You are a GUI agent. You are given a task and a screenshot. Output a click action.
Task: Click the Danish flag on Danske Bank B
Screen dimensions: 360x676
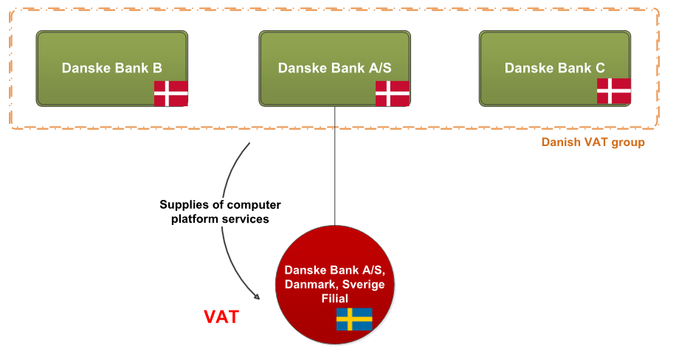tap(170, 94)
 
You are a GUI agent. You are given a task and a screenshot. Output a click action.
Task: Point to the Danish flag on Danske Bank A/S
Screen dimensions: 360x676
tap(392, 94)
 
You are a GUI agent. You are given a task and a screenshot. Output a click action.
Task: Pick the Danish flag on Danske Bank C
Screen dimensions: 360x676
tap(613, 91)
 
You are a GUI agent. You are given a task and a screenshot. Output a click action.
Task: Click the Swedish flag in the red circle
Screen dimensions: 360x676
tap(354, 319)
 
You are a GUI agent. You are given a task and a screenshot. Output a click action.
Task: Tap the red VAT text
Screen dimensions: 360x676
tap(221, 317)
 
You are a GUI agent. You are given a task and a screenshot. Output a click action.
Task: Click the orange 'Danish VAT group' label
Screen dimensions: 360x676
tap(593, 142)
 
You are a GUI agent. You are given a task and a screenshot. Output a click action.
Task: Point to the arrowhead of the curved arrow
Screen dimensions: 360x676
tap(258, 297)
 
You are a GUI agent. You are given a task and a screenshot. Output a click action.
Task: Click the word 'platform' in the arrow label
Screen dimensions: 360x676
tap(194, 219)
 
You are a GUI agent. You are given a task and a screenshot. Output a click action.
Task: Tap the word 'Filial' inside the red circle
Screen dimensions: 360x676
tap(334, 298)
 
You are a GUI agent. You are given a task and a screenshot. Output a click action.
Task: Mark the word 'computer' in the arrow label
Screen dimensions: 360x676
tap(255, 205)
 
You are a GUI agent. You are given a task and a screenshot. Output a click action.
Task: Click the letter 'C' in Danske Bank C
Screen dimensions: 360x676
tap(600, 68)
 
